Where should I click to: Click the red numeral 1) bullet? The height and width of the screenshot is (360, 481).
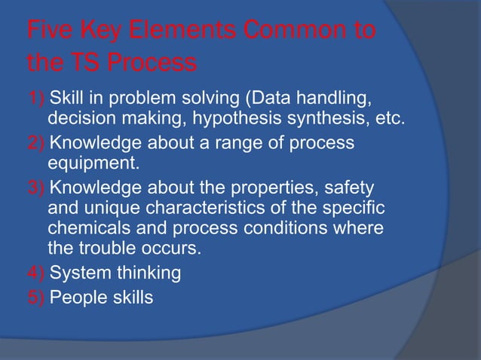click(x=36, y=97)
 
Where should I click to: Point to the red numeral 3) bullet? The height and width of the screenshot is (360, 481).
click(x=36, y=185)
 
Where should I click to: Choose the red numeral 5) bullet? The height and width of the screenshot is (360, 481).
click(x=36, y=297)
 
